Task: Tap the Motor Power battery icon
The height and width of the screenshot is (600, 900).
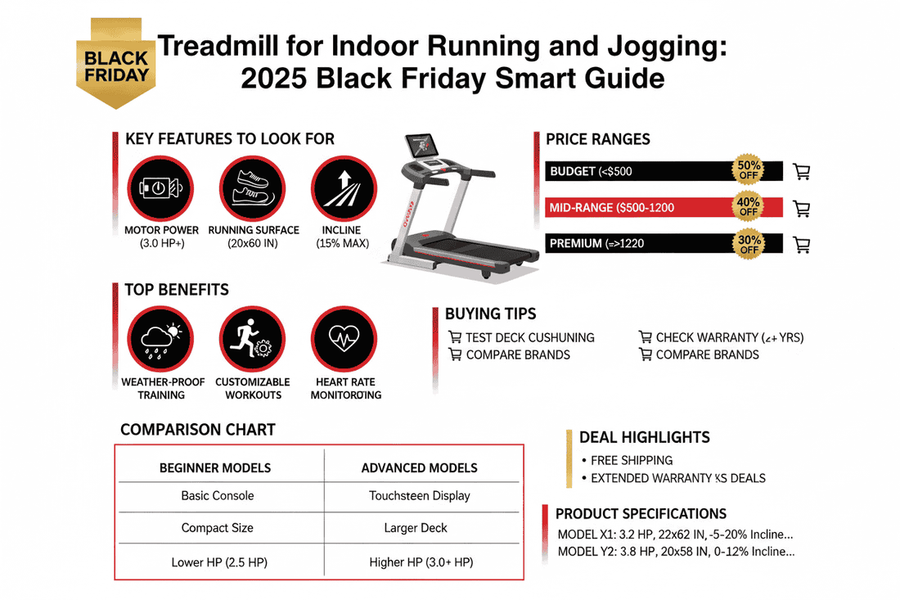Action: pyautogui.click(x=160, y=188)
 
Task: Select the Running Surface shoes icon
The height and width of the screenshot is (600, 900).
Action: pyautogui.click(x=253, y=188)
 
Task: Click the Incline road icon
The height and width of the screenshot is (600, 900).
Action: pyautogui.click(x=343, y=188)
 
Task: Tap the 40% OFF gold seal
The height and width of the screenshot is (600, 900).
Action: pyautogui.click(x=748, y=207)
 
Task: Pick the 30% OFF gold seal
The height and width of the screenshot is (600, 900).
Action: pyautogui.click(x=748, y=243)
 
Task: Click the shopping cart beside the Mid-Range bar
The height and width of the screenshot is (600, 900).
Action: pyautogui.click(x=802, y=208)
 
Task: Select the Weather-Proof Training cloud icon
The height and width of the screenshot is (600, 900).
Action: pyautogui.click(x=160, y=339)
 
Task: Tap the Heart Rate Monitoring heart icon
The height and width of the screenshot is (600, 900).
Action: pyautogui.click(x=343, y=339)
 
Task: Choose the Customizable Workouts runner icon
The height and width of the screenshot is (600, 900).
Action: pyautogui.click(x=253, y=339)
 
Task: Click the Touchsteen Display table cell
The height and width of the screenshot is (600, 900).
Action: pyautogui.click(x=419, y=496)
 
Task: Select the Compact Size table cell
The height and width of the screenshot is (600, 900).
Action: pyautogui.click(x=217, y=528)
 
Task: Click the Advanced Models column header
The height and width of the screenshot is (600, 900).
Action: pyautogui.click(x=419, y=468)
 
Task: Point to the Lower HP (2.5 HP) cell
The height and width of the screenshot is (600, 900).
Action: pyautogui.click(x=217, y=562)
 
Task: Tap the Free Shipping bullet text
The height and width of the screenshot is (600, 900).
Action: pyautogui.click(x=632, y=460)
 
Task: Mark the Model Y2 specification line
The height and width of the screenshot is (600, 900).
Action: pyautogui.click(x=676, y=552)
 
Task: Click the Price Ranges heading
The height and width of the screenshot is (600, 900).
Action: pyautogui.click(x=598, y=140)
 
